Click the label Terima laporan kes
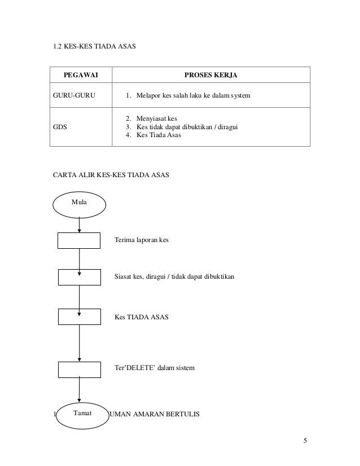(141, 240)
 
